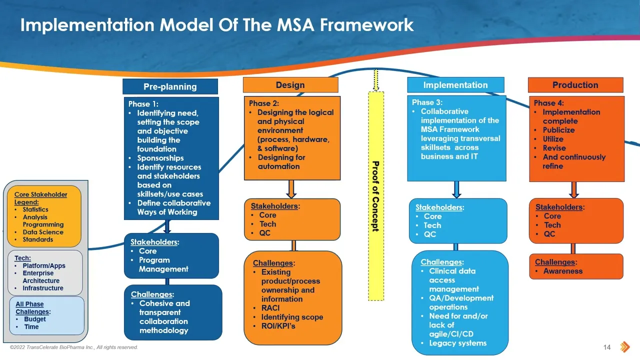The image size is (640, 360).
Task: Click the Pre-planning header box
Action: pos(170,86)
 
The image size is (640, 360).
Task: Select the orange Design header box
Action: pos(290,85)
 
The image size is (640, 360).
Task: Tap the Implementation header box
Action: pos(455,85)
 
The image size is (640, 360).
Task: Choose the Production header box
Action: pos(575,85)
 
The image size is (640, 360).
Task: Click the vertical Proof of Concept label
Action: pos(375,196)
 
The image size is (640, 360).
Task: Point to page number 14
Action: pos(607,347)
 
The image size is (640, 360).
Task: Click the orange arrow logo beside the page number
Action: pos(625,347)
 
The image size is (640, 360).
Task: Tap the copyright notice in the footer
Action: pos(74,347)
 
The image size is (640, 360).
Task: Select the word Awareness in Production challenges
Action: pos(563,271)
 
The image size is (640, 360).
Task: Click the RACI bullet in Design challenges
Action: pos(270,308)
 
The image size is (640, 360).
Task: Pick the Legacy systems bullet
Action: pos(457,343)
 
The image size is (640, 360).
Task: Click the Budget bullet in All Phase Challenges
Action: pos(35,319)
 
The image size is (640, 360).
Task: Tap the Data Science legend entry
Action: pos(43,232)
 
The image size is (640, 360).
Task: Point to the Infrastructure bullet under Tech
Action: pos(43,288)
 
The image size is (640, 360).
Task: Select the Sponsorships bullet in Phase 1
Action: pos(160,158)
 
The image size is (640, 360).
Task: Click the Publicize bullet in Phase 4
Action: pos(558,130)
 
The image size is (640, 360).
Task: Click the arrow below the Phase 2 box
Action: pos(291,189)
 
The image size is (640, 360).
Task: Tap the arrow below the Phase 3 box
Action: pos(456,189)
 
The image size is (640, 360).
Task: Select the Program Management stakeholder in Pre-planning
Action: pos(163,264)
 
